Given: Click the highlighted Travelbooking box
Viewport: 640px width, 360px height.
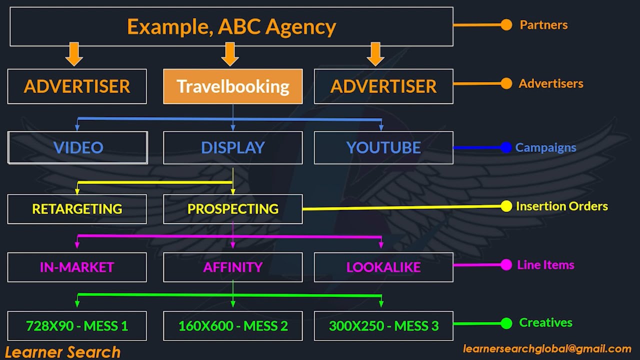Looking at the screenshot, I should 233,86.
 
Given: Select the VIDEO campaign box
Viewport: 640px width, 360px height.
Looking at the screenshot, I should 77,147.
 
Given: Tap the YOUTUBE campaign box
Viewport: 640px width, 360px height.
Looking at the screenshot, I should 383,147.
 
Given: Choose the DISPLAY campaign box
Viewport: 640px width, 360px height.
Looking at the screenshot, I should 233,147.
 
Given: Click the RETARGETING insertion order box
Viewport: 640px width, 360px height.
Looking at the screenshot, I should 77,209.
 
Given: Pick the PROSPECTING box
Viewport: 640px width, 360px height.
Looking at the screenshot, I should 233,209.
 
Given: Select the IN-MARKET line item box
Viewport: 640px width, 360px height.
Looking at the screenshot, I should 77,267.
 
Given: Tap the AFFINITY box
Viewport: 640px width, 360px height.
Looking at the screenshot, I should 233,267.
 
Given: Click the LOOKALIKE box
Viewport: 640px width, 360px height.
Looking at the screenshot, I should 383,267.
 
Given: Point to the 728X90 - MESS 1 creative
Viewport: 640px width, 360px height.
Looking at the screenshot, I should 77,326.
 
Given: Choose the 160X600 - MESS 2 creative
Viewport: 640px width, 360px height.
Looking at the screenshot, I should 233,326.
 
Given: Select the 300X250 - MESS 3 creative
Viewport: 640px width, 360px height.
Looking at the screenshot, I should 383,326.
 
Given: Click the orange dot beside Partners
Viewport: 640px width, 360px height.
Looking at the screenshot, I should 506,25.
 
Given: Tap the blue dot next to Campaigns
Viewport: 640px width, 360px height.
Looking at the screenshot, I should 506,147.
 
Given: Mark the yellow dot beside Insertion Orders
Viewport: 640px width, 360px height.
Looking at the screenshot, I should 506,206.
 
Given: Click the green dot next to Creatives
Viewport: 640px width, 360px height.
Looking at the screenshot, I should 506,323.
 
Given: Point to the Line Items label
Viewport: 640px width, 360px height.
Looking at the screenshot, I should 545,265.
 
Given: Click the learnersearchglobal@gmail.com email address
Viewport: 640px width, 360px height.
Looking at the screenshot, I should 547,349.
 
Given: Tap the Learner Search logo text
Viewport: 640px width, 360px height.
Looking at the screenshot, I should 63,352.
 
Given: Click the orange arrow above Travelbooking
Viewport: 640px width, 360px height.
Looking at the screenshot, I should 230,53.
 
